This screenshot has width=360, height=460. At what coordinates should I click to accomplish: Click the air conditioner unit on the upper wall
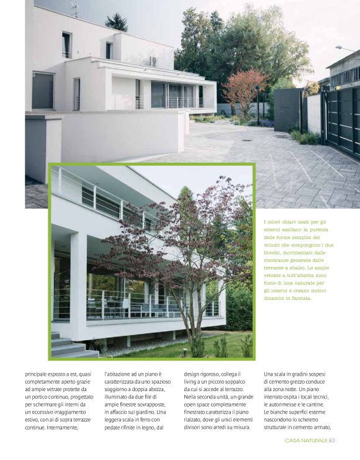click(151, 61)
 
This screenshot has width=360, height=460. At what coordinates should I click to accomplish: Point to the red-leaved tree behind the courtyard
click(245, 91)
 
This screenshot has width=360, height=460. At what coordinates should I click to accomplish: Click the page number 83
click(331, 441)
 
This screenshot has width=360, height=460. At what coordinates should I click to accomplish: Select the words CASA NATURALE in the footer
click(305, 441)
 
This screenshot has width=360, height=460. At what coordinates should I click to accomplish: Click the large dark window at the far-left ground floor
click(42, 91)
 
